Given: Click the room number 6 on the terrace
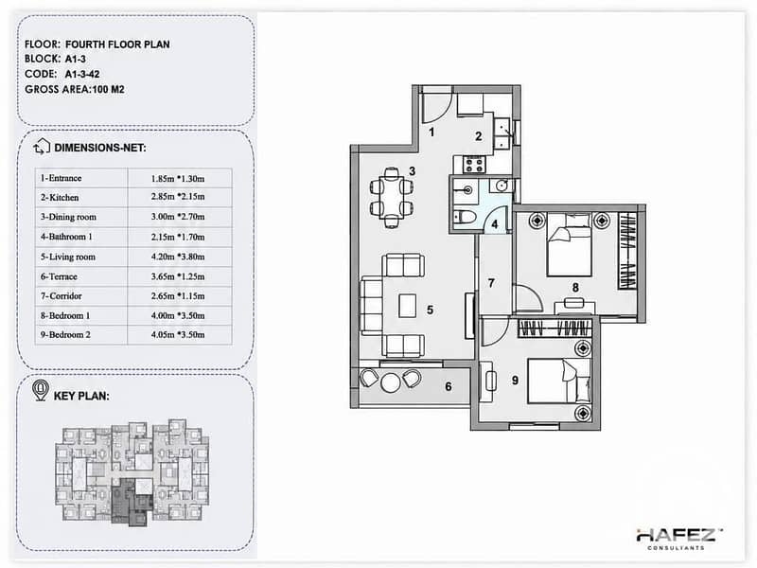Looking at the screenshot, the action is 448,386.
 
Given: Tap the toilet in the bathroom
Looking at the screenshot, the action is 463,217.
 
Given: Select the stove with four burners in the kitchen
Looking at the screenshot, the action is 474,165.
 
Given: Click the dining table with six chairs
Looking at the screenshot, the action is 391,197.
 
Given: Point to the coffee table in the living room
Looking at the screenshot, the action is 408,306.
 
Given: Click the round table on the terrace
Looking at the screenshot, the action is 391,382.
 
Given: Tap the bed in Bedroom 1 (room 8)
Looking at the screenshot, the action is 569,244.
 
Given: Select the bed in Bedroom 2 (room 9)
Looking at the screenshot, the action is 559,381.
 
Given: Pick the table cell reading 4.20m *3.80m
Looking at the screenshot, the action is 178,257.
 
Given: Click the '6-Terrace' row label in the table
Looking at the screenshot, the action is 59,276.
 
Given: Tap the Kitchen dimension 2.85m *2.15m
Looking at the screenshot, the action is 178,197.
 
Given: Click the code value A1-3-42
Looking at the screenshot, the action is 82,74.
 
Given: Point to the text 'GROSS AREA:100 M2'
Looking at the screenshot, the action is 75,89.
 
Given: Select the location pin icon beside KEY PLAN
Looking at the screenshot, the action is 40,390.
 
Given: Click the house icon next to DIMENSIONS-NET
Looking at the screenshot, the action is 42,147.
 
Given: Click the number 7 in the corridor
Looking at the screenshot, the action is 491,283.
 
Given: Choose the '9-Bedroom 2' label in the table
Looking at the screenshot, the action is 65,335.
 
